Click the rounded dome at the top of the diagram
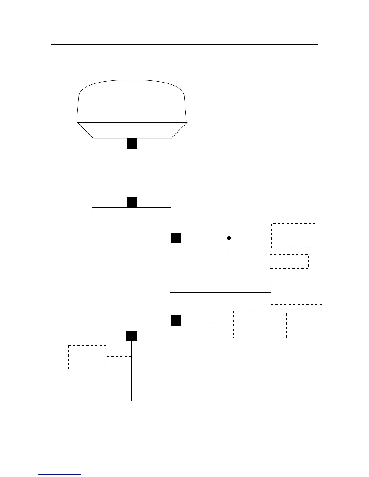[132, 101]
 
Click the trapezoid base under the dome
[132, 130]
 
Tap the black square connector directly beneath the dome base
[132, 143]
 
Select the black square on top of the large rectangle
[132, 202]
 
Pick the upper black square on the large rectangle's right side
[176, 238]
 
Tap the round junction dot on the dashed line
[229, 238]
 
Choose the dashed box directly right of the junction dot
[294, 235]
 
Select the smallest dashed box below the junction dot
[289, 261]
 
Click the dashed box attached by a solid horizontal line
[297, 291]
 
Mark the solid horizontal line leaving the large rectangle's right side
[220, 292]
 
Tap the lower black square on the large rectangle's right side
[176, 320]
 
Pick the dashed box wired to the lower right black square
[260, 324]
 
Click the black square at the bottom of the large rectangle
[131, 336]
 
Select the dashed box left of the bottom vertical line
[87, 357]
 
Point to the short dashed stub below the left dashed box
[87, 377]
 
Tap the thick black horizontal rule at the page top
[184, 45]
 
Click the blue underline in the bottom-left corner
[60, 474]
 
